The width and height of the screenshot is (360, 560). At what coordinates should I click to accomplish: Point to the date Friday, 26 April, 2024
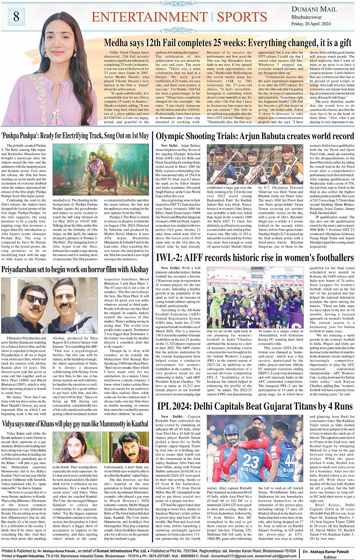point(311,24)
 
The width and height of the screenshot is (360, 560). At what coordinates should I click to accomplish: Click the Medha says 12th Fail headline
point(227,43)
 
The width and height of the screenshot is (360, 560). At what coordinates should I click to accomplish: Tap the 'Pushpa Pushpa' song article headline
point(75,136)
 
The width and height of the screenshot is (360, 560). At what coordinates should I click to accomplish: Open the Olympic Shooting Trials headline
point(254,136)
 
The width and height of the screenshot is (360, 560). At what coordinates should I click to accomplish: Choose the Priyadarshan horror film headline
point(75,270)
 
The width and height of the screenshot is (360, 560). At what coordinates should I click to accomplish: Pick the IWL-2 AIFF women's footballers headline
point(254,258)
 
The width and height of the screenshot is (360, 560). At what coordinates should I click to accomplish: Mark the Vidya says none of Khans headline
point(75,423)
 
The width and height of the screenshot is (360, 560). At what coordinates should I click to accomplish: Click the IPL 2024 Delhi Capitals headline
point(254,406)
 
